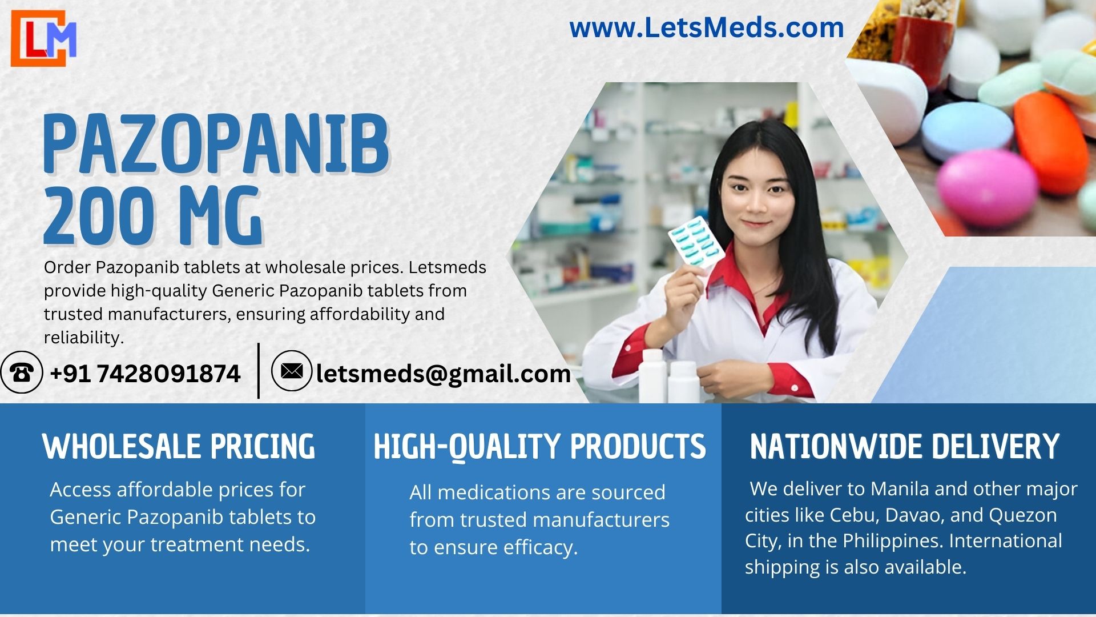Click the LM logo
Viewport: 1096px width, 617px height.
43,38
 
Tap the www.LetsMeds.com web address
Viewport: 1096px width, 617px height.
707,27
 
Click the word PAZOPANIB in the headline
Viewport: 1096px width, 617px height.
217,144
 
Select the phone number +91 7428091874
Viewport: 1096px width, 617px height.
145,374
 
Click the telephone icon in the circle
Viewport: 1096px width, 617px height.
22,372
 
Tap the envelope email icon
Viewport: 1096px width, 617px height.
292,371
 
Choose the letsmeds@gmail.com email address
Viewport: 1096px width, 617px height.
444,374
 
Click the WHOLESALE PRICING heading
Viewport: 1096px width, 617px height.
179,446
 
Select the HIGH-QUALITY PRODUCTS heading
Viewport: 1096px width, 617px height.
539,446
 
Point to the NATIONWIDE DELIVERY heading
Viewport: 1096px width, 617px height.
904,446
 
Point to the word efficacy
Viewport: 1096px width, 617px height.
541,548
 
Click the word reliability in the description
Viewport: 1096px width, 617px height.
84,338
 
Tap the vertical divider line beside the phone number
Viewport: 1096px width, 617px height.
259,371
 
